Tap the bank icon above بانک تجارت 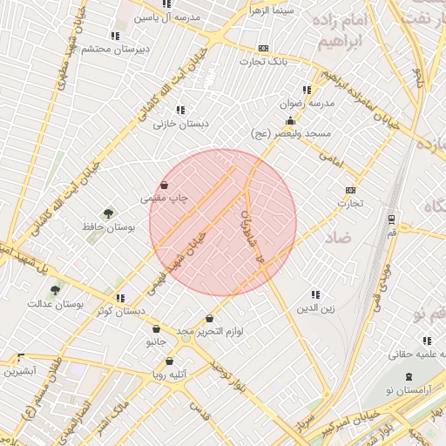[x=264, y=49]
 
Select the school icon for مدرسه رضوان [x=306, y=90]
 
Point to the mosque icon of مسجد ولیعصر [x=290, y=121]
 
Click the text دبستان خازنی [x=181, y=124]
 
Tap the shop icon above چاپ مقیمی [x=165, y=185]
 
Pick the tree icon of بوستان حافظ [x=108, y=213]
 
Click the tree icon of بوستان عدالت [x=56, y=291]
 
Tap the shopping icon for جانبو [x=156, y=329]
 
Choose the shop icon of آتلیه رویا [x=169, y=361]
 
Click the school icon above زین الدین [x=315, y=295]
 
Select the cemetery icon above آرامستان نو [x=409, y=376]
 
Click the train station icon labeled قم [x=391, y=219]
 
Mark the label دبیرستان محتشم [x=117, y=49]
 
